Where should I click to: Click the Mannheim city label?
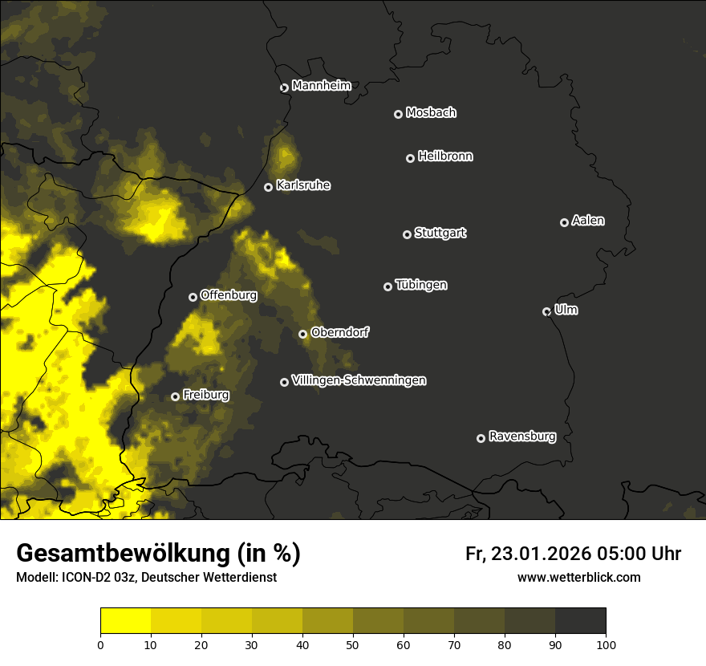[x=321, y=86]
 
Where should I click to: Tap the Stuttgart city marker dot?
[x=407, y=234]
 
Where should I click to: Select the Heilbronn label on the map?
[x=445, y=156]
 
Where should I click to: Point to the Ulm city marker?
[x=546, y=311]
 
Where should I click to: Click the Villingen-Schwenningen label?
[x=359, y=380]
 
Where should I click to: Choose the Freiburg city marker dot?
[x=175, y=396]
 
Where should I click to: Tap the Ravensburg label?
[x=521, y=437]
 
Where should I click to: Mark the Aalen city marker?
[x=564, y=222]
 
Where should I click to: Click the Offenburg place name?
[x=229, y=295]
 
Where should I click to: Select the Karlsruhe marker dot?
[x=268, y=187]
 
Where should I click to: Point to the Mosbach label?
[x=431, y=113]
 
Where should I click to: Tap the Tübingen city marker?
[x=387, y=286]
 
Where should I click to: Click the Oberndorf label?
[x=339, y=332]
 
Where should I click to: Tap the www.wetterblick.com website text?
[x=578, y=577]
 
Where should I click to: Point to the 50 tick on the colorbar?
[x=353, y=644]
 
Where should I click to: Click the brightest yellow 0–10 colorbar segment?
[x=125, y=621]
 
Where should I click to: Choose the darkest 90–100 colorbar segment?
[x=580, y=621]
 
